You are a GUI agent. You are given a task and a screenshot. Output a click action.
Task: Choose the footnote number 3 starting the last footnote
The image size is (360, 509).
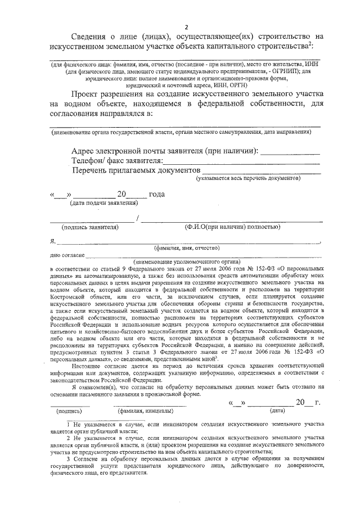pos(68,460)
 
